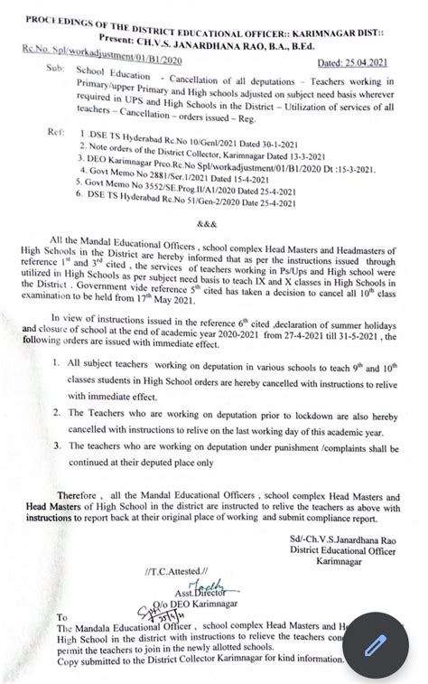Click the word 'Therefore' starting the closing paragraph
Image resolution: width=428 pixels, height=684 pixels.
point(82,496)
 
